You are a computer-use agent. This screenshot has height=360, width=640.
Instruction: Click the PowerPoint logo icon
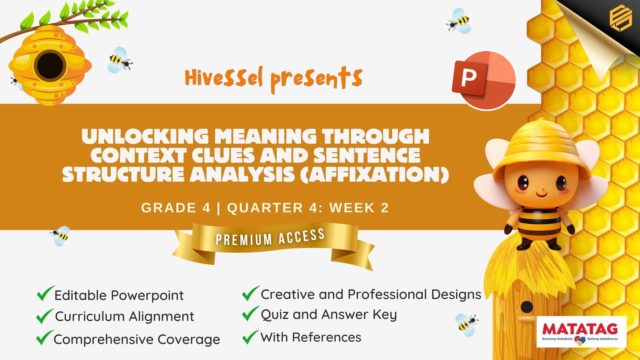click(484, 80)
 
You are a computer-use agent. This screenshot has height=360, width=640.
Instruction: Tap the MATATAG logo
click(582, 332)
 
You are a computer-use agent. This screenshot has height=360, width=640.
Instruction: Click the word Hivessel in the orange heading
click(224, 78)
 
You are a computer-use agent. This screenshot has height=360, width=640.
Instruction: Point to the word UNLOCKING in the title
click(145, 136)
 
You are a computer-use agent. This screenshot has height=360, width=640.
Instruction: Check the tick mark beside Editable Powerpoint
click(45, 293)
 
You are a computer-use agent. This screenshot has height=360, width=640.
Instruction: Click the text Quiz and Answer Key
click(329, 315)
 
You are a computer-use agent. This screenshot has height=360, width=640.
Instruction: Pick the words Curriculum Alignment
click(124, 317)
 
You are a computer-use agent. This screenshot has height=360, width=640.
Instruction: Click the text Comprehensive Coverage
click(137, 340)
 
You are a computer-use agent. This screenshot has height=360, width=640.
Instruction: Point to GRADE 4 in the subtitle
click(176, 208)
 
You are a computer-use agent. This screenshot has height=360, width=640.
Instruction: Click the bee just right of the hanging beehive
click(120, 60)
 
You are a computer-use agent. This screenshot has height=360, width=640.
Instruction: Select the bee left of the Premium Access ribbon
click(60, 236)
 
